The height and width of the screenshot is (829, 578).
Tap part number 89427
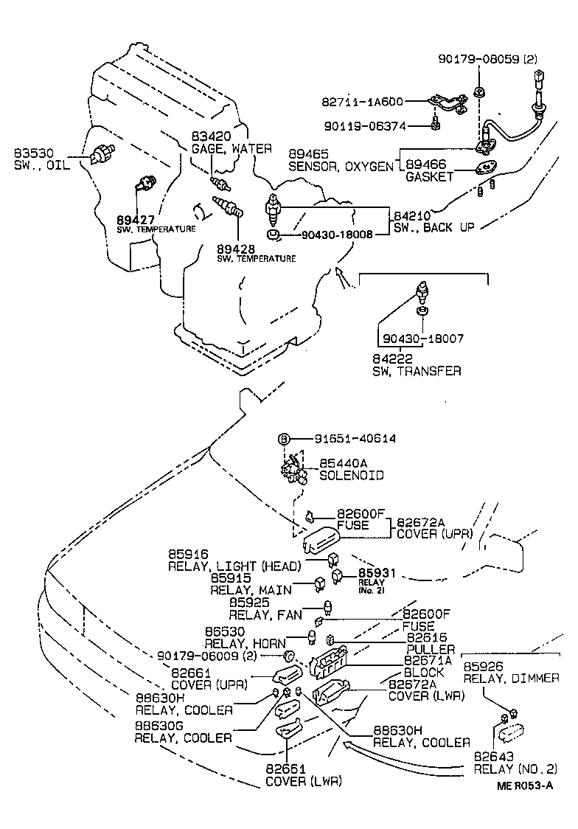136,219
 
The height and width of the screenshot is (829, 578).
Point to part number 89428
237,249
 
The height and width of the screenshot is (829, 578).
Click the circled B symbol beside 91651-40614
283,438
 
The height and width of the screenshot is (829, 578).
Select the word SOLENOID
351,476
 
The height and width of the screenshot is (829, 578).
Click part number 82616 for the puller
426,637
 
